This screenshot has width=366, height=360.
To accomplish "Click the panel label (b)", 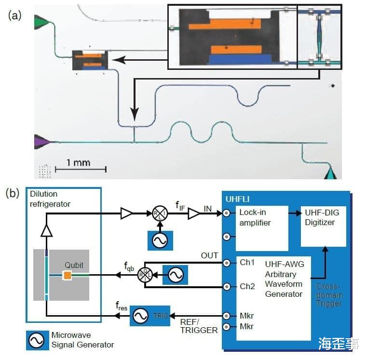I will [x=13, y=194].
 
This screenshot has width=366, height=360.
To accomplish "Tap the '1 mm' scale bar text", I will [x=78, y=162].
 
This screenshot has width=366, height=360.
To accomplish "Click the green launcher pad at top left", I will [x=41, y=22].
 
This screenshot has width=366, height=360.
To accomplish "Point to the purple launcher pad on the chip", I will [x=41, y=141].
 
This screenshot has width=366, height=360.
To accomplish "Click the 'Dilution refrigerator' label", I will [x=50, y=199].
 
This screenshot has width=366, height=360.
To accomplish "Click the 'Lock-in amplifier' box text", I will [x=255, y=217].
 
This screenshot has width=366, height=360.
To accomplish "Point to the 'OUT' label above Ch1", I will [x=210, y=255].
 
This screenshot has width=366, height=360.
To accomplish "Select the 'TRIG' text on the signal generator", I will [x=161, y=316].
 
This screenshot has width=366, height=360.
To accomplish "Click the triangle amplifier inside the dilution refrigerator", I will [x=47, y=231].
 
